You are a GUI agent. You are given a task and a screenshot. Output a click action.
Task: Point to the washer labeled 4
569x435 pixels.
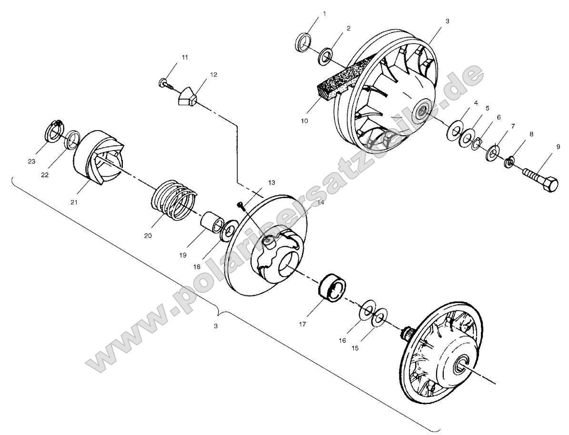(454, 131)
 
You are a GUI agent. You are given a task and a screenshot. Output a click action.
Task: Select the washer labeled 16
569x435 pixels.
(367, 311)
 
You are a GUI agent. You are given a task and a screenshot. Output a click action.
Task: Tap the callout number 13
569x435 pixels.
(270, 182)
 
